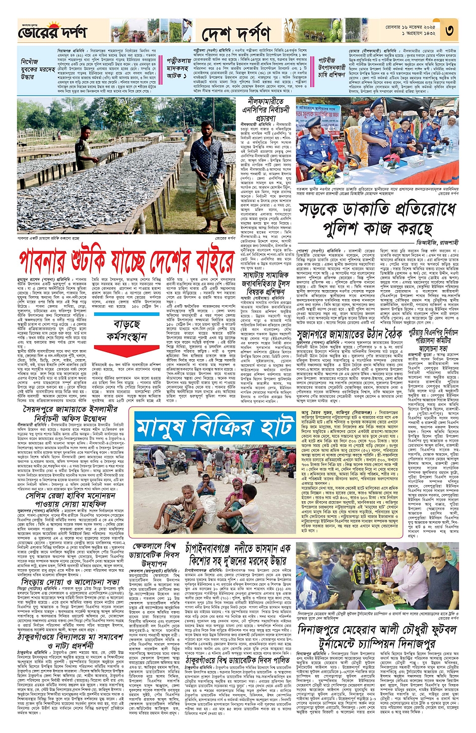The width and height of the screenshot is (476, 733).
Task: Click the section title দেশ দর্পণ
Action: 236,34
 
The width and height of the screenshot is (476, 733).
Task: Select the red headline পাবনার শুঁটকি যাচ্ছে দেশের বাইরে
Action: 126,261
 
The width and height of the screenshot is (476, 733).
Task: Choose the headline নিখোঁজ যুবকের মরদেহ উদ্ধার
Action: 36,69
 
